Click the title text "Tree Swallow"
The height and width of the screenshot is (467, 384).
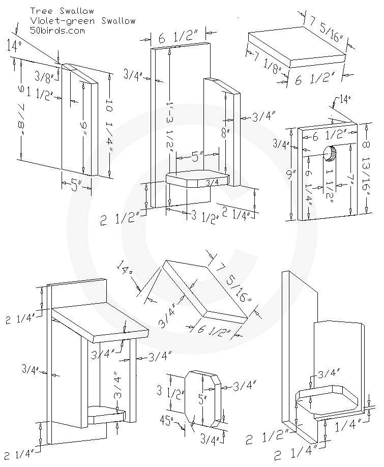tap(62, 11)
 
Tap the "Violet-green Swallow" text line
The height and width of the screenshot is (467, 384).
tap(83, 21)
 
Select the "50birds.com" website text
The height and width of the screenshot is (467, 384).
tap(57, 31)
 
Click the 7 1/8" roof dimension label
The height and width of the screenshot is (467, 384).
tap(267, 62)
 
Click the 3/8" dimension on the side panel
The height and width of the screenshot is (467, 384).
tap(44, 76)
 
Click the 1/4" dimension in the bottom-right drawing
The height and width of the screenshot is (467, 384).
tap(349, 426)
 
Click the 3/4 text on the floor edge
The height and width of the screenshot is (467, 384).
tap(213, 182)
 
